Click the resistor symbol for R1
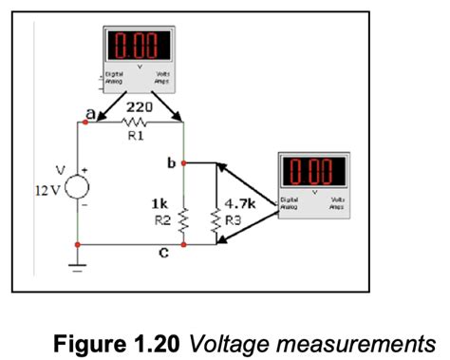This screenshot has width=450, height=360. pyautogui.click(x=132, y=123)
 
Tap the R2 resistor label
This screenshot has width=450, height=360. pyautogui.click(x=160, y=218)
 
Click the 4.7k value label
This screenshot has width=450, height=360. pyautogui.click(x=238, y=202)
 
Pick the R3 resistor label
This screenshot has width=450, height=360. pyautogui.click(x=232, y=218)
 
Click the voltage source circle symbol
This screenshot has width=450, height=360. pyautogui.click(x=75, y=180)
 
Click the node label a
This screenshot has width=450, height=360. pyautogui.click(x=90, y=113)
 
